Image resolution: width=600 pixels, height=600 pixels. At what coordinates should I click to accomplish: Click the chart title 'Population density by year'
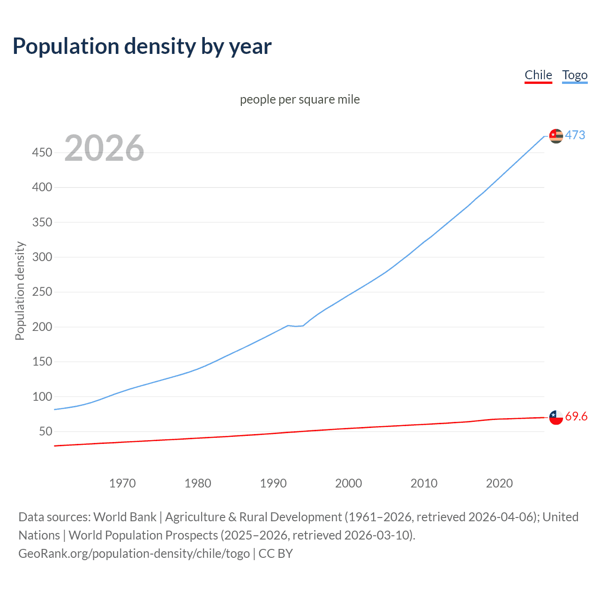pyautogui.click(x=142, y=46)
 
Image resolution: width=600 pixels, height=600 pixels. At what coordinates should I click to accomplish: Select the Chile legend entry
pyautogui.click(x=538, y=75)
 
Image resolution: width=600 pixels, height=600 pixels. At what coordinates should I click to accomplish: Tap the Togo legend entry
pyautogui.click(x=575, y=75)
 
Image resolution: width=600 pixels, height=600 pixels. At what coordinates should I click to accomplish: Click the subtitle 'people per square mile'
pyautogui.click(x=300, y=99)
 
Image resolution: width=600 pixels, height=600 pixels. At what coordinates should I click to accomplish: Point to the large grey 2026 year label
pyautogui.click(x=104, y=148)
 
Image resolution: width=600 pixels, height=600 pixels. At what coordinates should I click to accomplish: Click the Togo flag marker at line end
pyautogui.click(x=556, y=136)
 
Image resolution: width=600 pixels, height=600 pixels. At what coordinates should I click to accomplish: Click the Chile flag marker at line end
pyautogui.click(x=556, y=417)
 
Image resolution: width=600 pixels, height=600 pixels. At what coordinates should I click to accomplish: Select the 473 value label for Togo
pyautogui.click(x=575, y=135)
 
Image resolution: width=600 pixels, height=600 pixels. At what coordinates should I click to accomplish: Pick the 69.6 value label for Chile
pyautogui.click(x=576, y=416)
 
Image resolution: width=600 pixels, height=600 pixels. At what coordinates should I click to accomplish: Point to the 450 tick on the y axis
pyautogui.click(x=42, y=153)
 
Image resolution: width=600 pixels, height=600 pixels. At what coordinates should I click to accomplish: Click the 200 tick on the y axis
pyautogui.click(x=42, y=327)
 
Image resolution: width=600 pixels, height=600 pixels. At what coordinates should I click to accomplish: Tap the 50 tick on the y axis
pyautogui.click(x=45, y=431)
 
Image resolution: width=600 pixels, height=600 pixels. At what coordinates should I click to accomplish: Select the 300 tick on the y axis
pyautogui.click(x=42, y=257)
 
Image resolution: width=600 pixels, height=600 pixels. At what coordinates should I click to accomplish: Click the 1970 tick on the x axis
pyautogui.click(x=122, y=483)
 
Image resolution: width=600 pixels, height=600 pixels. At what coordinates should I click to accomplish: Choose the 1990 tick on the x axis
pyautogui.click(x=273, y=483)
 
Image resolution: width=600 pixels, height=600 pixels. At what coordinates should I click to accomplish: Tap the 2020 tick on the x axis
pyautogui.click(x=499, y=483)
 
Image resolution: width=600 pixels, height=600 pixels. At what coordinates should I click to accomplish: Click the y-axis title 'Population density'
pyautogui.click(x=20, y=291)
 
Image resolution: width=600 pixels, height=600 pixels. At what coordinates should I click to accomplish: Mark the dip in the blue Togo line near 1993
pyautogui.click(x=296, y=326)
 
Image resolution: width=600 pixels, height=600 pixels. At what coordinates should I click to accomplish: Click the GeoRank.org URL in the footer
pyautogui.click(x=134, y=554)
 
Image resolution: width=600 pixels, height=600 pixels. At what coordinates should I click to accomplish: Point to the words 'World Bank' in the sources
pyautogui.click(x=125, y=517)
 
